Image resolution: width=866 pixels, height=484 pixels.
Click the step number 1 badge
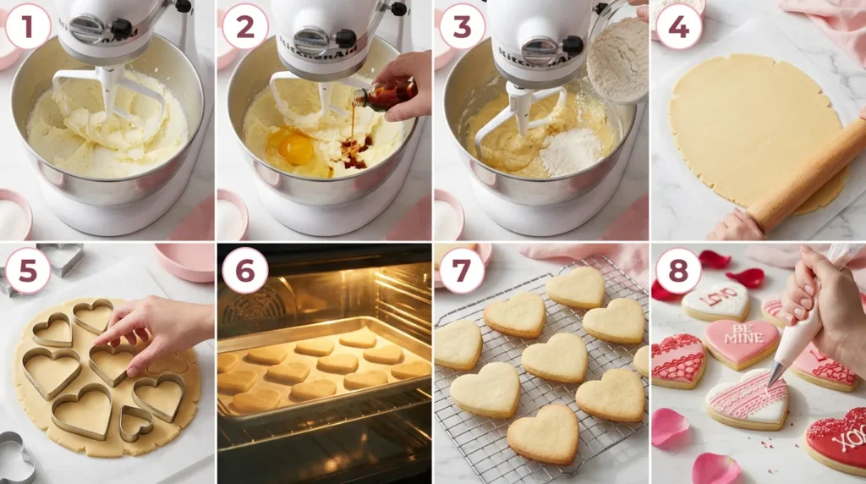[28, 26]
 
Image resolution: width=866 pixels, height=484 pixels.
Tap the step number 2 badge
[244, 26]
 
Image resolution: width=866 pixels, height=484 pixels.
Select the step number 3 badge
[462, 26]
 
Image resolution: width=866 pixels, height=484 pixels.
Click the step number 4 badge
[678, 26]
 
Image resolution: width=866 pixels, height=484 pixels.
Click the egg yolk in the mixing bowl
[296, 148]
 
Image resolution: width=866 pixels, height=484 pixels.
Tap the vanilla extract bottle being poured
[387, 95]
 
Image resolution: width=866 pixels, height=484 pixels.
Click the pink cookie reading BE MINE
[742, 342]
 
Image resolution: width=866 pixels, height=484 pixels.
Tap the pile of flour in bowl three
[571, 152]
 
